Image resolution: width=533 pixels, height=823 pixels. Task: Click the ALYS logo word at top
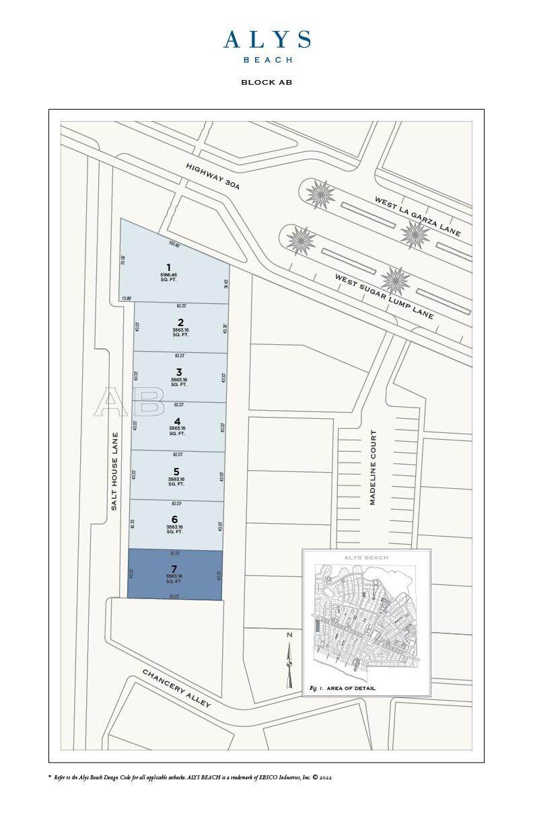[266, 40]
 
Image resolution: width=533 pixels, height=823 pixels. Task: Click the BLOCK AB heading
[266, 83]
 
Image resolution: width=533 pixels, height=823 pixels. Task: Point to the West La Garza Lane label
[417, 216]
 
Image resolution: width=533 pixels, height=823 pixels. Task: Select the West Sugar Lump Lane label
[384, 295]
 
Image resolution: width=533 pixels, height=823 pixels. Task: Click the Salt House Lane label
[114, 471]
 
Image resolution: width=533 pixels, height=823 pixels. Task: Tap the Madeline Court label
[373, 467]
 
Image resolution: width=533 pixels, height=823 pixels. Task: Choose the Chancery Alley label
[176, 688]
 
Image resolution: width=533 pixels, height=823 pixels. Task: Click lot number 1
[168, 268]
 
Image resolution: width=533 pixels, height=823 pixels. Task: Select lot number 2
[180, 322]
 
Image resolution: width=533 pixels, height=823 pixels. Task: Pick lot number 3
[178, 372]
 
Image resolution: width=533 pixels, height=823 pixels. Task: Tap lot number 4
[177, 421]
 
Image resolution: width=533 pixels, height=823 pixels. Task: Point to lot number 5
[176, 471]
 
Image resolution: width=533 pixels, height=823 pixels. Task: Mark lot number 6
[175, 519]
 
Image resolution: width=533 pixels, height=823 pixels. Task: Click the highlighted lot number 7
[174, 569]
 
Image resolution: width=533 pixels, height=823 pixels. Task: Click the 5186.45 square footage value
[168, 275]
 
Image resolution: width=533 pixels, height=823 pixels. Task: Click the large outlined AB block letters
[129, 402]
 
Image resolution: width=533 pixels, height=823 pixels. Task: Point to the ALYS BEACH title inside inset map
[365, 557]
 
